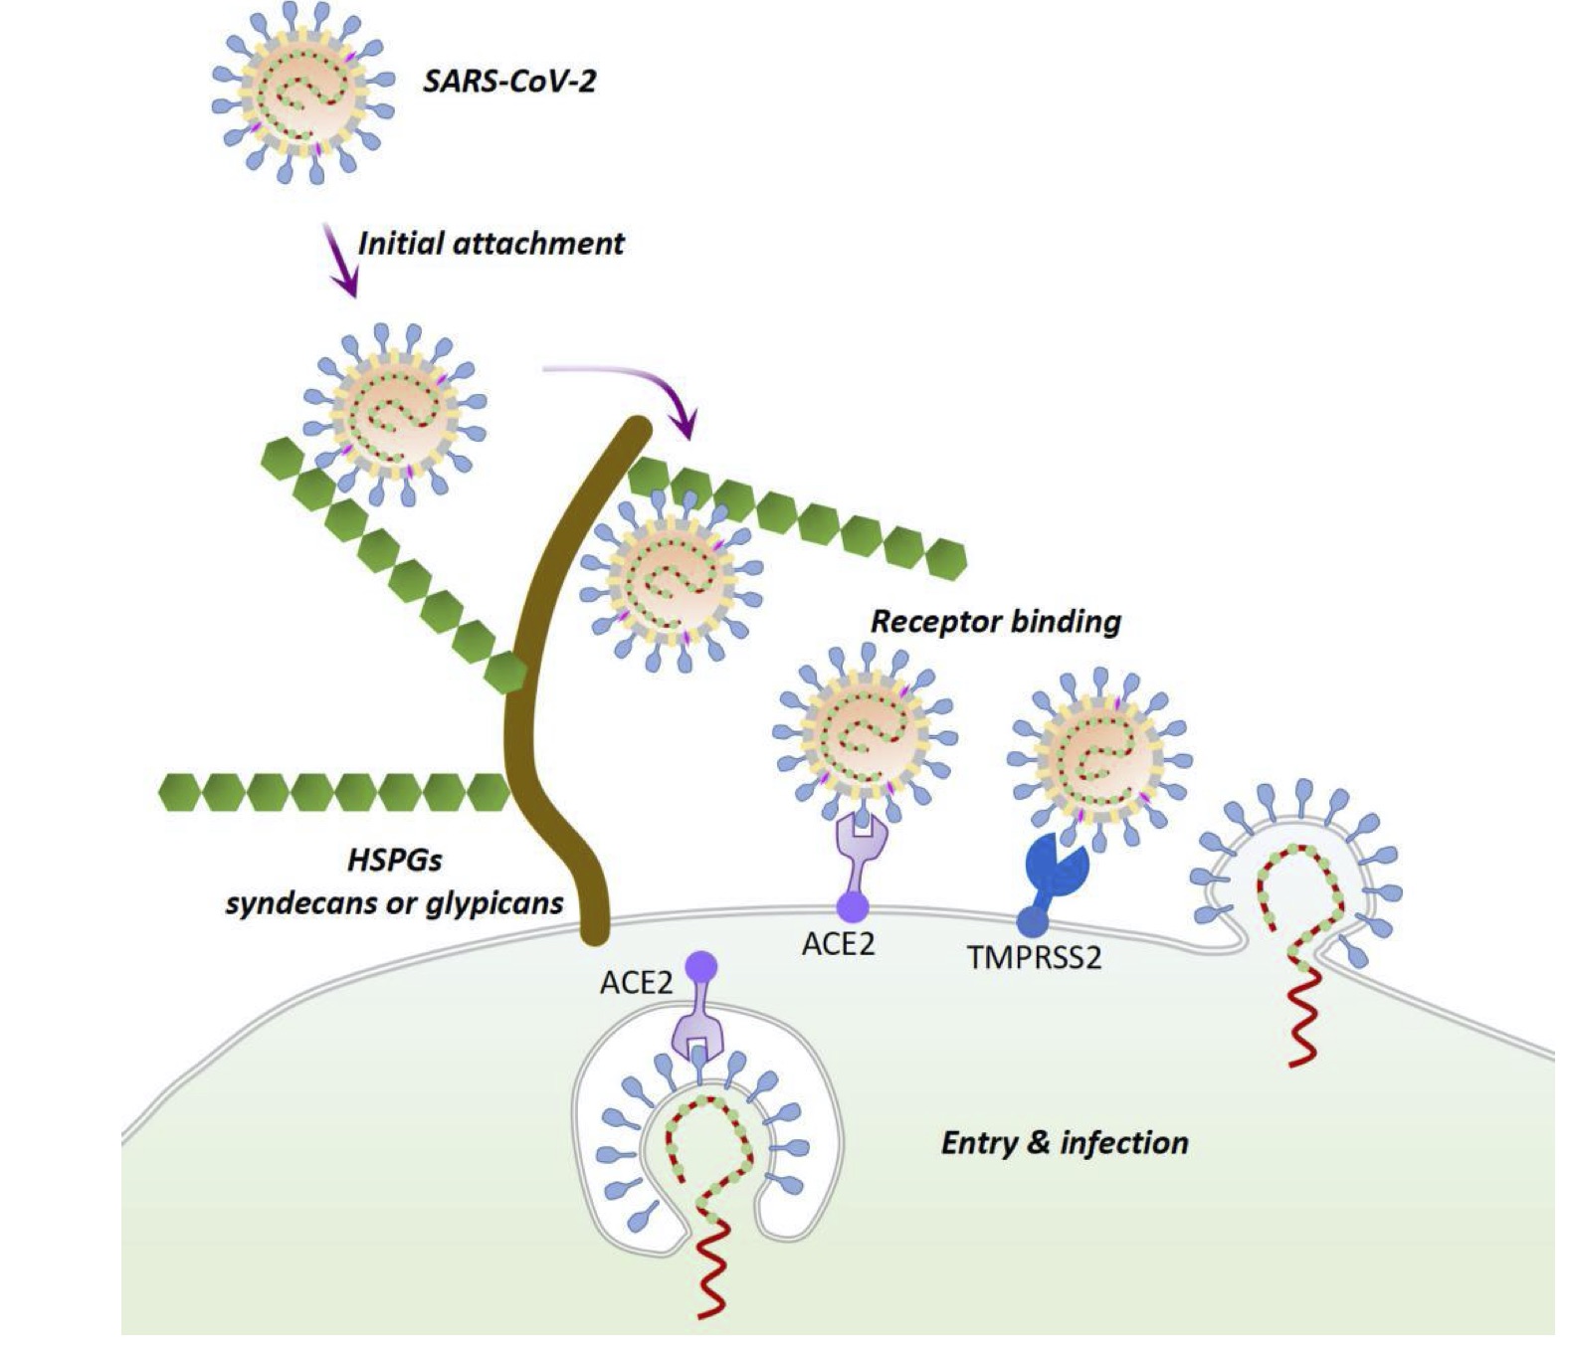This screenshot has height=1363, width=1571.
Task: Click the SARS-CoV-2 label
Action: click(508, 80)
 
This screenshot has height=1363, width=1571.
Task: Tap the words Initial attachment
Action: click(491, 243)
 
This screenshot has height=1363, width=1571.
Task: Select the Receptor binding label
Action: click(996, 622)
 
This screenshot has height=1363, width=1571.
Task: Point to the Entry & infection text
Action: click(1064, 1142)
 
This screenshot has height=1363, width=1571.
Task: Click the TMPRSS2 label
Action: click(1034, 957)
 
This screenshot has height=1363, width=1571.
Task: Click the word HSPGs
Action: click(395, 860)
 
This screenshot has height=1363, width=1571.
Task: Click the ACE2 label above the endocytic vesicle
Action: click(636, 983)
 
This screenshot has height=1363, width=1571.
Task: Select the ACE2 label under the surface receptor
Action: click(838, 943)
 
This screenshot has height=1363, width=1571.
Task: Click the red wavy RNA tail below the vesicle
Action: click(712, 1273)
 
